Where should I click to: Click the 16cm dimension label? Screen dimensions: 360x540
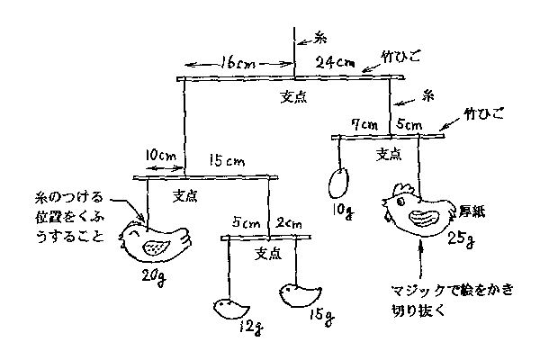pyautogui.click(x=238, y=65)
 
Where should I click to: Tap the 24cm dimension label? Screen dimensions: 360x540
pyautogui.click(x=336, y=64)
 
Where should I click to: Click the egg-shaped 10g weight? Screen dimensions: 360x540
pyautogui.click(x=339, y=182)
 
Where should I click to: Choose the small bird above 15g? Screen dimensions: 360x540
pyautogui.click(x=300, y=295)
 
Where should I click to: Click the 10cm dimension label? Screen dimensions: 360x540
pyautogui.click(x=160, y=156)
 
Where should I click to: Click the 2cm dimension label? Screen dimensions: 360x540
pyautogui.click(x=289, y=222)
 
